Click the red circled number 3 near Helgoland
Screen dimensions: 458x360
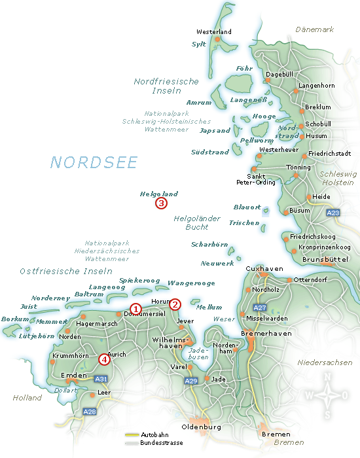coord(161,203)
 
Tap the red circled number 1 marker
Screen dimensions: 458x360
coord(135,309)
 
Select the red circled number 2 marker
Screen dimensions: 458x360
coord(175,304)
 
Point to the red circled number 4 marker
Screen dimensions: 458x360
coord(103,359)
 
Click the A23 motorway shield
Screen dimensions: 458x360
coord(333,213)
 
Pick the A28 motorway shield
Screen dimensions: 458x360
coord(90,412)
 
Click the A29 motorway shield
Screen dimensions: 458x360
coord(191,381)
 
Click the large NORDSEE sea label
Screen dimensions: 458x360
coord(94,162)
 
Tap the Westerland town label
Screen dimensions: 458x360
coord(214,31)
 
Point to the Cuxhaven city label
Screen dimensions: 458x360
coord(264,269)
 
